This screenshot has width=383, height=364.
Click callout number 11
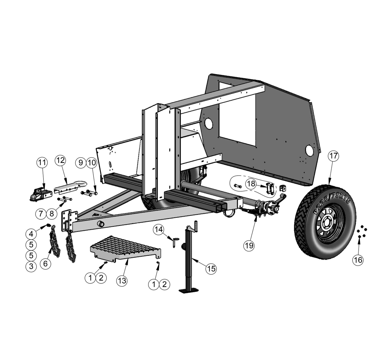click(x=42, y=162)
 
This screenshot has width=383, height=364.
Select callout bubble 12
click(x=60, y=160)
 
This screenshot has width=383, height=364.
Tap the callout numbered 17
click(x=333, y=156)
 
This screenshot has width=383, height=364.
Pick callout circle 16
click(x=358, y=260)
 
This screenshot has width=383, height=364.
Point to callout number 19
click(x=249, y=245)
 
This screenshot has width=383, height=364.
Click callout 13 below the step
click(x=122, y=281)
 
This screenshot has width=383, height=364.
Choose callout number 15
click(x=211, y=269)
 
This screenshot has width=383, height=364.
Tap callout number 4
click(x=31, y=234)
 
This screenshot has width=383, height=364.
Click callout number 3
click(x=31, y=266)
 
